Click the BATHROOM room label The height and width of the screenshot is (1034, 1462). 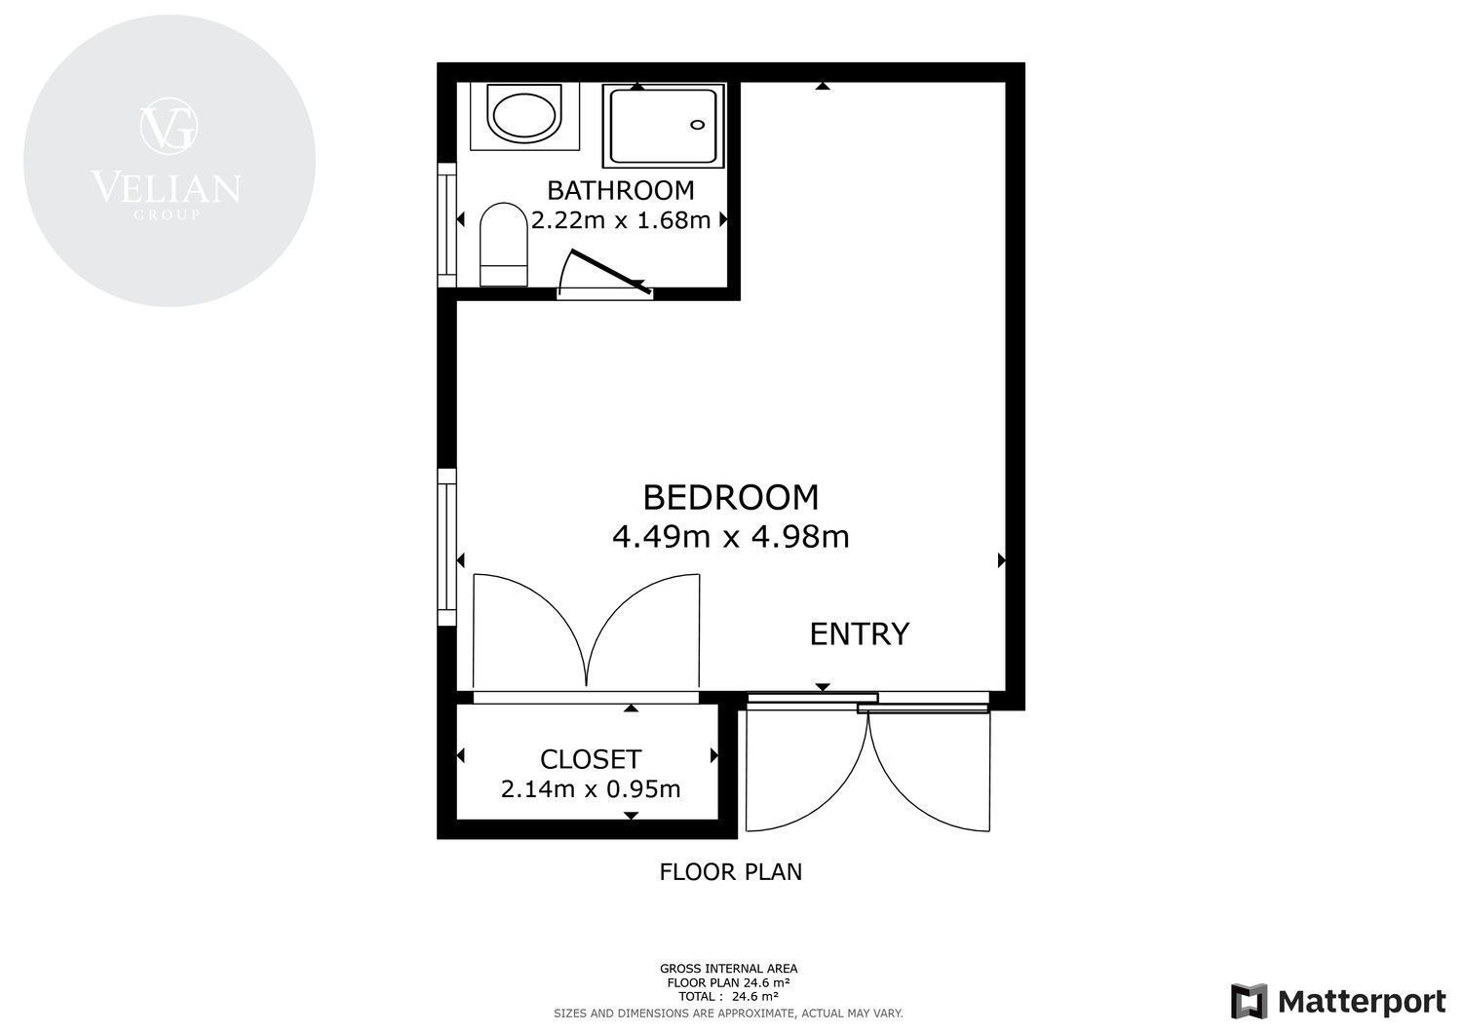click(620, 191)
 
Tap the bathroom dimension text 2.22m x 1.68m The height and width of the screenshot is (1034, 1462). click(621, 220)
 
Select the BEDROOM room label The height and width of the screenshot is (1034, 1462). click(730, 497)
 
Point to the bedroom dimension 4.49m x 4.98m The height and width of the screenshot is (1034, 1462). click(730, 537)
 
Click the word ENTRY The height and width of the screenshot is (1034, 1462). click(859, 633)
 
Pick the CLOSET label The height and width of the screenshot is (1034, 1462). click(591, 759)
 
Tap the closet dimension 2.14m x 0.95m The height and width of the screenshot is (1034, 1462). click(591, 789)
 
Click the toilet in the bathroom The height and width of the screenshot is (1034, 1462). click(503, 245)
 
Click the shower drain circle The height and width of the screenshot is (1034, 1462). click(698, 125)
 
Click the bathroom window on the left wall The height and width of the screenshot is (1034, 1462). click(446, 224)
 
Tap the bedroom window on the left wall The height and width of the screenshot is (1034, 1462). click(446, 547)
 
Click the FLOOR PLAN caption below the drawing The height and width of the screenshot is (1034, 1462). click(730, 872)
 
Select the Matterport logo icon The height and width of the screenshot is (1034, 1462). click(1250, 1002)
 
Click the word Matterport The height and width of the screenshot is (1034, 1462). click(1362, 1002)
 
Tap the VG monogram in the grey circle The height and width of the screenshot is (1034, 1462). click(169, 126)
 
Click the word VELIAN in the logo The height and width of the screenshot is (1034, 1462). click(167, 187)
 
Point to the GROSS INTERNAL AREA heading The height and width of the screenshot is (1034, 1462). click(728, 969)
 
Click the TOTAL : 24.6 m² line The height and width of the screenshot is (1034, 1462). click(728, 997)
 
